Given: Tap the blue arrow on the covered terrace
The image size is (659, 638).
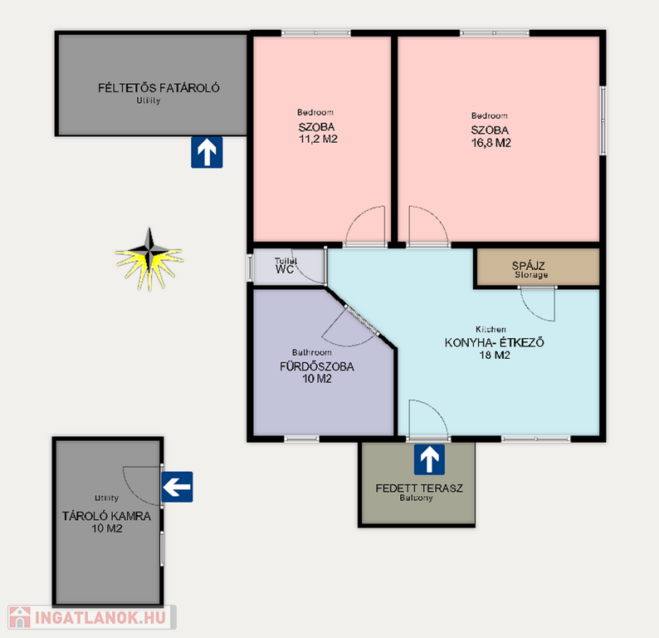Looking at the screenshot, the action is pyautogui.click(x=429, y=459).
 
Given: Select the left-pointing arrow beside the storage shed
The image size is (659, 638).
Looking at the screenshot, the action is pyautogui.click(x=177, y=487).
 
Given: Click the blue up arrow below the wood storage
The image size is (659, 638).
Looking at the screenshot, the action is pyautogui.click(x=207, y=152).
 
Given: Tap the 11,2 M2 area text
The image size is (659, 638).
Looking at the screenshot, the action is pyautogui.click(x=318, y=140).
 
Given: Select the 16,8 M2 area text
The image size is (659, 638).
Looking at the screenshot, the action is pyautogui.click(x=491, y=143).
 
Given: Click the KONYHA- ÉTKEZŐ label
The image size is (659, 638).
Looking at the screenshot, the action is pyautogui.click(x=495, y=342).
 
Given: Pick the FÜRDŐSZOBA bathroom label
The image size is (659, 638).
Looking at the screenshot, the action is pyautogui.click(x=317, y=366).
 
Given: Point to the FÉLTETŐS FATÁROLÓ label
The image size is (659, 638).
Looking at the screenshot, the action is pyautogui.click(x=159, y=88).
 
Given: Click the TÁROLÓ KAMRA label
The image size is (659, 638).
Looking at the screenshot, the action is pyautogui.click(x=106, y=516).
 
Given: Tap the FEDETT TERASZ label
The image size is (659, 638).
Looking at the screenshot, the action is pyautogui.click(x=419, y=488).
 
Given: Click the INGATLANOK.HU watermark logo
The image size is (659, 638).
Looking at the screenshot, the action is pyautogui.click(x=92, y=617).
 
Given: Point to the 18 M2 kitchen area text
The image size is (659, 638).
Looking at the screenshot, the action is pyautogui.click(x=495, y=356).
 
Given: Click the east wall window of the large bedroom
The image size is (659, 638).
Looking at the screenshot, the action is pyautogui.click(x=603, y=120).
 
